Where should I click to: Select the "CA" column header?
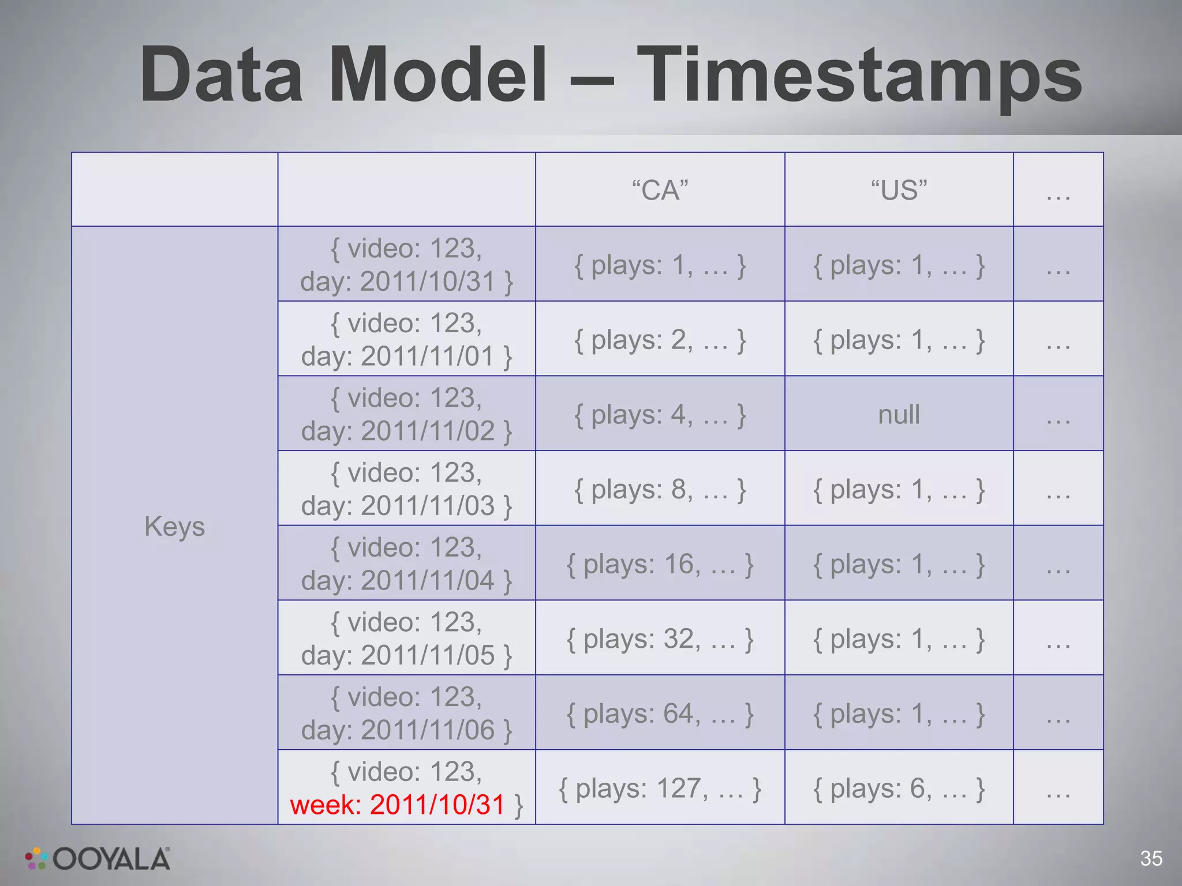[660, 190]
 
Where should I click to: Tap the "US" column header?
[899, 190]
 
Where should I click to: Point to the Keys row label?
[174, 526]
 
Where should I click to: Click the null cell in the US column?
[899, 414]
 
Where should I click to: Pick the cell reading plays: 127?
[660, 789]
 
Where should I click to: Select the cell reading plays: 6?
[899, 789]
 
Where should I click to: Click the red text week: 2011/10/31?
[398, 805]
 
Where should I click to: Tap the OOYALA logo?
[98, 859]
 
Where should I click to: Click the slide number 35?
[1151, 858]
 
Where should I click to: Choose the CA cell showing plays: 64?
[660, 714]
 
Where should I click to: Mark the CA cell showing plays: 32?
[660, 639]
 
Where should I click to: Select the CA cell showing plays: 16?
[660, 564]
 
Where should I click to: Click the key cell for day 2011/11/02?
[406, 414]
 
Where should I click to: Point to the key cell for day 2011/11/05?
[406, 639]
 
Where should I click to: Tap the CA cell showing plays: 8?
[660, 489]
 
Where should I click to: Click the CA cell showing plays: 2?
[660, 340]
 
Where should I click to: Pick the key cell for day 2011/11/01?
[406, 340]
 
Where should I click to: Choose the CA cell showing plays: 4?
[660, 414]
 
